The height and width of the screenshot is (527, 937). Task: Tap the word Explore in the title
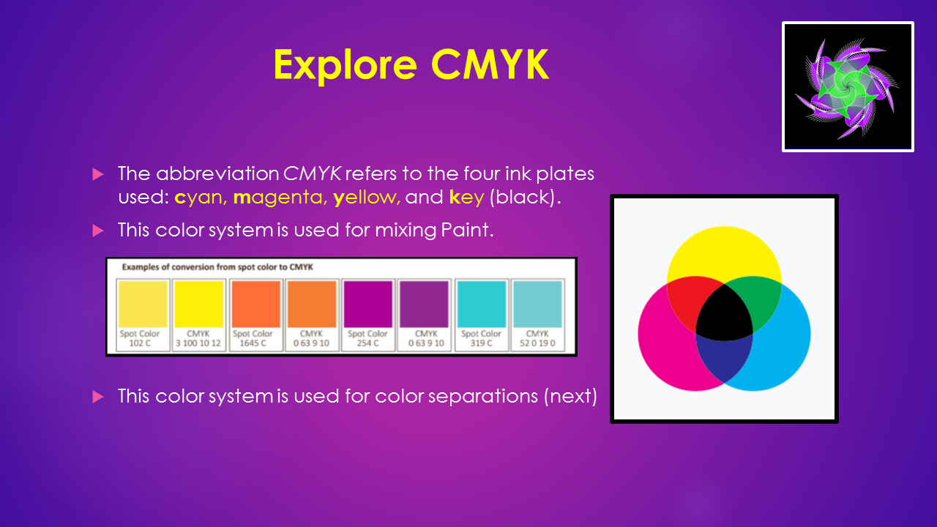(346, 67)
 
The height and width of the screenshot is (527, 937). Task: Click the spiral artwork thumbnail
(848, 86)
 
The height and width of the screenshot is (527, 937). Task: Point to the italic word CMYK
(313, 173)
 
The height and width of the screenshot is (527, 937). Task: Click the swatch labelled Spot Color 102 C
(143, 304)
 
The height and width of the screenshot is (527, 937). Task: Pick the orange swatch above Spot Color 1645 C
(255, 304)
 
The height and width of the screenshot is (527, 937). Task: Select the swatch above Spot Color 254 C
(368, 304)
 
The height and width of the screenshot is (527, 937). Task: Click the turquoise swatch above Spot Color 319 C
(482, 304)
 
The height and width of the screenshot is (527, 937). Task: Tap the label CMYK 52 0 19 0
(537, 338)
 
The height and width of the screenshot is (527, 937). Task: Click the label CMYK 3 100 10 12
(198, 338)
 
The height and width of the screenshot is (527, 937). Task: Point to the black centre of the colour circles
(724, 314)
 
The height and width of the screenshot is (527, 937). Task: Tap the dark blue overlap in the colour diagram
(724, 359)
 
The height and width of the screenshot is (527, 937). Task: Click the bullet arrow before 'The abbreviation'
(98, 174)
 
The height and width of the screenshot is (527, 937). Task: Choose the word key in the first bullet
(466, 198)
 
